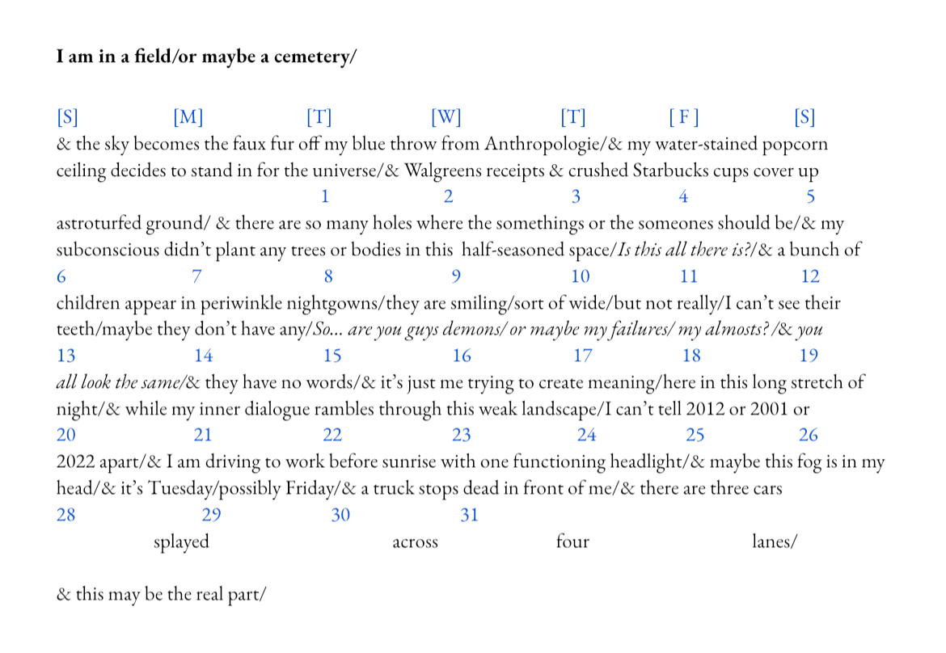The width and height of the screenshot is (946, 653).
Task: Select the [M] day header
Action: click(188, 117)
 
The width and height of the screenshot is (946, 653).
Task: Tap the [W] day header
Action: click(446, 117)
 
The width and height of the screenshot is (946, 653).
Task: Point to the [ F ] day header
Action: click(683, 117)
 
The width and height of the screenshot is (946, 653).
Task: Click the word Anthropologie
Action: click(543, 145)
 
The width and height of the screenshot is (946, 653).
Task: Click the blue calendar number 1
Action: click(325, 196)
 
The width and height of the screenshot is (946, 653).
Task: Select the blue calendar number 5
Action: click(810, 196)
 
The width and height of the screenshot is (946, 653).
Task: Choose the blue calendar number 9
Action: click(456, 276)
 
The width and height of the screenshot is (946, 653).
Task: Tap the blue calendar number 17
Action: click(582, 356)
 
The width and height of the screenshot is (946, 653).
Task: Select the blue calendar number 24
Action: click(586, 435)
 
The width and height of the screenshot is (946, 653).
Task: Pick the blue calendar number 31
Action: click(469, 515)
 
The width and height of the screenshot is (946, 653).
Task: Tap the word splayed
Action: click(181, 541)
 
